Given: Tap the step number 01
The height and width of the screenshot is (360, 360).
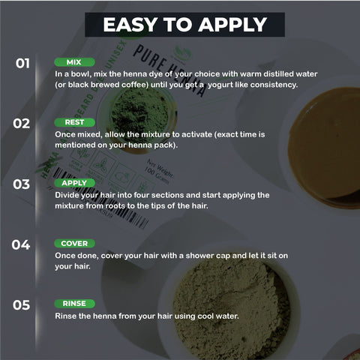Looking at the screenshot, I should click(x=22, y=63).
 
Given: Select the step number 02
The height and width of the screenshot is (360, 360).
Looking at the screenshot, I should click(x=22, y=123).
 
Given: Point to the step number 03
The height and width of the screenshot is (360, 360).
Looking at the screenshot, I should click(x=22, y=184).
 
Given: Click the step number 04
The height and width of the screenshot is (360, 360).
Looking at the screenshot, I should click(x=22, y=244).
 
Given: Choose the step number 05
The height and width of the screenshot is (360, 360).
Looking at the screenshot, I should click(x=22, y=304).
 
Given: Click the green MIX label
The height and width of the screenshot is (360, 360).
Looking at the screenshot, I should click(x=73, y=62).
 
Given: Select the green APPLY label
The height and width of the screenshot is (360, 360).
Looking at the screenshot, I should click(x=75, y=183).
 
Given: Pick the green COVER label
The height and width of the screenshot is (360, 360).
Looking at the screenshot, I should click(x=75, y=244).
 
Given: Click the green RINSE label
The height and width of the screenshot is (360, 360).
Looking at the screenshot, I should click(x=75, y=304).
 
